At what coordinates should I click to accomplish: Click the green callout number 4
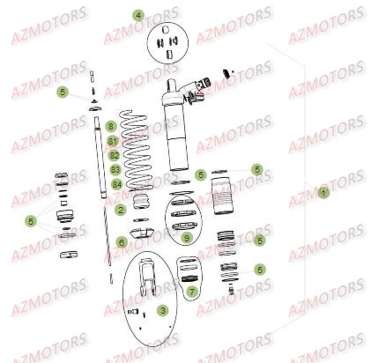pyautogui.click(x=137, y=16)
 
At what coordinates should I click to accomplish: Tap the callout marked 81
pyautogui.click(x=113, y=141)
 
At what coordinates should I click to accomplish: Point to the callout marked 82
pyautogui.click(x=114, y=154)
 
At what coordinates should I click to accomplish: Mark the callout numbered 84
pyautogui.click(x=116, y=183)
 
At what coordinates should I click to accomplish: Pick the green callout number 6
pyautogui.click(x=121, y=241)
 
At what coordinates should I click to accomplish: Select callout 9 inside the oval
pyautogui.click(x=186, y=237)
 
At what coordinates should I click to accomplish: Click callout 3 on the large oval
pyautogui.click(x=162, y=310)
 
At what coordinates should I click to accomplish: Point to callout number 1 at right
pyautogui.click(x=323, y=191)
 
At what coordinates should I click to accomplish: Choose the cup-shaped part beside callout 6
pyautogui.click(x=141, y=235)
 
